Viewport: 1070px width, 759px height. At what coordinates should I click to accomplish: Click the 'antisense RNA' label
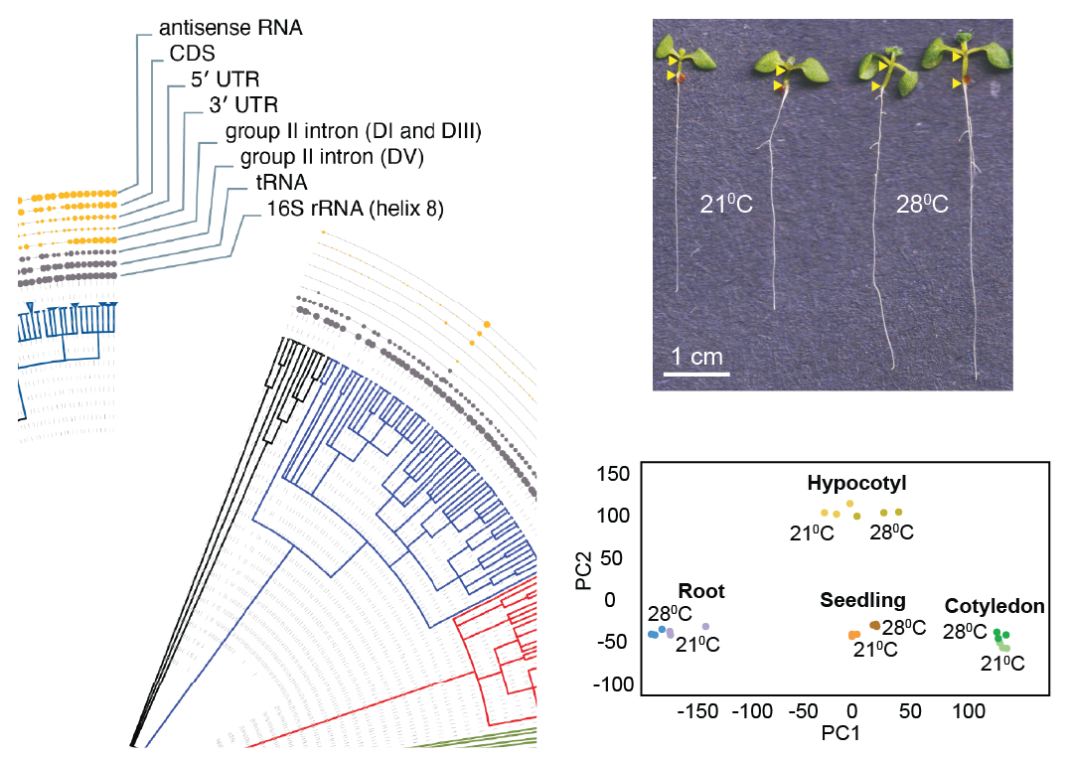point(230,28)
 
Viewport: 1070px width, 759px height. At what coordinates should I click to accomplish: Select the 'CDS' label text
point(193,54)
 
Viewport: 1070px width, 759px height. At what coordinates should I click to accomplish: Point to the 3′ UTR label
point(244,104)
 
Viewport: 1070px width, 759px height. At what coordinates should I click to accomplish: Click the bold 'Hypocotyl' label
point(857,484)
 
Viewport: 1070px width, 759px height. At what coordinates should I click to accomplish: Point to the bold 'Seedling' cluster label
point(862,600)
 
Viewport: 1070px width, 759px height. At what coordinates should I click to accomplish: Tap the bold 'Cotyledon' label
point(994,606)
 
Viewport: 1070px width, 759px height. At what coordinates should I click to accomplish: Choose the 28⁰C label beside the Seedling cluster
point(904,628)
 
